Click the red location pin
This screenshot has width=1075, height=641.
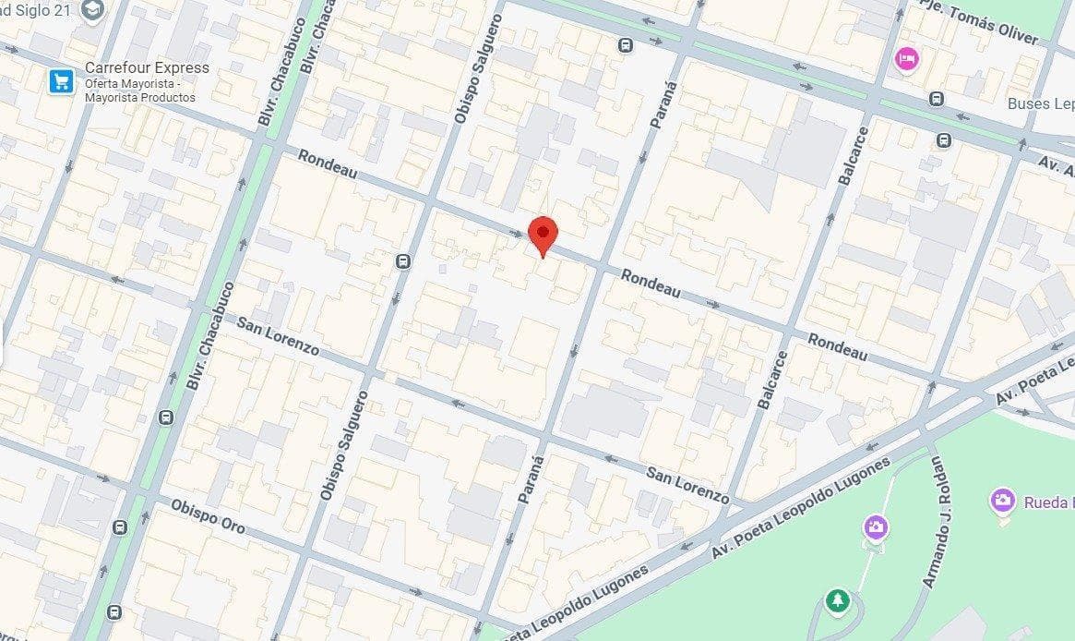click(543, 233)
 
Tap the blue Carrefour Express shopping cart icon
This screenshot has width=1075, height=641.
click(62, 82)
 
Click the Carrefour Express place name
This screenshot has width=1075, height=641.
click(147, 67)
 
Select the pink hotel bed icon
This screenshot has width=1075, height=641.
click(907, 59)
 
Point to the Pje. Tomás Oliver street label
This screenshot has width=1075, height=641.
click(980, 20)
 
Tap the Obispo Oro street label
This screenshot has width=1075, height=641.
click(209, 514)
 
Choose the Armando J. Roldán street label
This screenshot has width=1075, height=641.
click(940, 522)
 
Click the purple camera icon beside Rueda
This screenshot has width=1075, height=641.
click(1002, 502)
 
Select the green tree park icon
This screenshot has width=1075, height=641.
click(837, 600)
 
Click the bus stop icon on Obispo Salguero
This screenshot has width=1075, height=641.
click(403, 261)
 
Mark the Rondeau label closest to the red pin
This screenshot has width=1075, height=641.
click(650, 284)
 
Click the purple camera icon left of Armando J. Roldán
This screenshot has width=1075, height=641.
click(876, 527)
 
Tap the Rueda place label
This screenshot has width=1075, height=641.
click(1048, 502)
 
